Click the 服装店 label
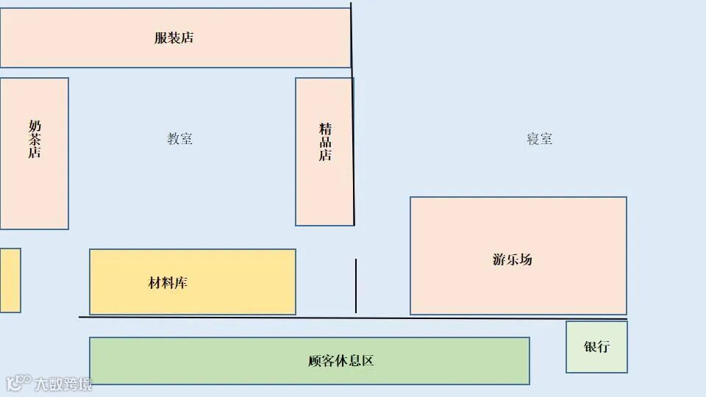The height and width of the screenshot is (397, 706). [x=174, y=38]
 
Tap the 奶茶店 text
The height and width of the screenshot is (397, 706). [x=35, y=139]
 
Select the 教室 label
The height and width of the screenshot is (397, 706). [x=180, y=139]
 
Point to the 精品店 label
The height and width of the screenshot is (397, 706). [x=325, y=142]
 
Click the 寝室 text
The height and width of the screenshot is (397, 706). [x=539, y=139]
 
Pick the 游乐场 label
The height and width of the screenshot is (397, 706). [x=512, y=260]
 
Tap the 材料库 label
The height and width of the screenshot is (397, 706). [x=168, y=283]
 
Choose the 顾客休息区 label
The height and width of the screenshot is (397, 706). [x=341, y=361]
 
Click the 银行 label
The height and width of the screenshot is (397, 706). [x=596, y=347]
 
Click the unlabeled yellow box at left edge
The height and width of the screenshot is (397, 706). [x=10, y=280]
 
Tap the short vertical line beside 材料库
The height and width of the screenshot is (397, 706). [x=356, y=285]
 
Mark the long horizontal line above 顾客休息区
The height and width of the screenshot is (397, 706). [x=353, y=318]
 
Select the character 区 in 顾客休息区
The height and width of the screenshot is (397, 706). [x=368, y=361]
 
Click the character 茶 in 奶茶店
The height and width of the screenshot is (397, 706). [x=35, y=139]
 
